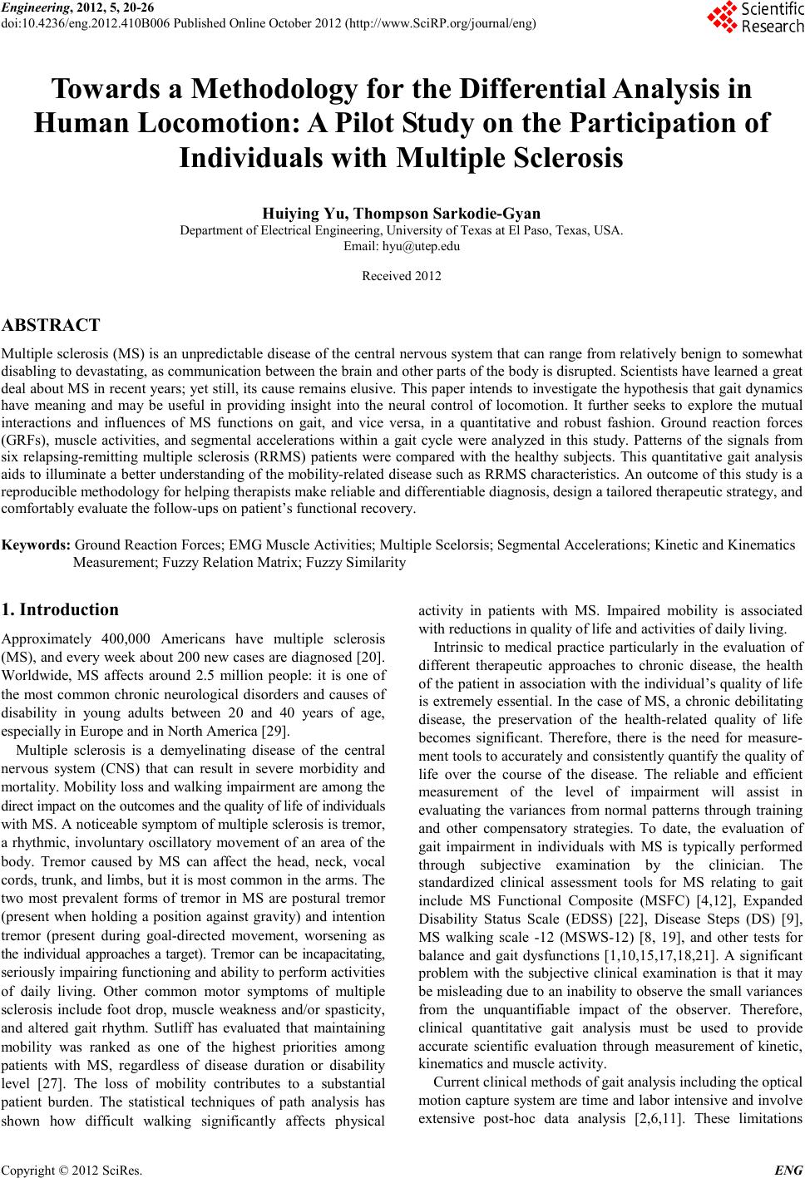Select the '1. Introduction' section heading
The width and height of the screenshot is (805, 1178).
[61, 609]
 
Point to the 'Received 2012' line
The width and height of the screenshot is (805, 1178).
[402, 276]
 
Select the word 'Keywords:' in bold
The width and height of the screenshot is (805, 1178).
[37, 545]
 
